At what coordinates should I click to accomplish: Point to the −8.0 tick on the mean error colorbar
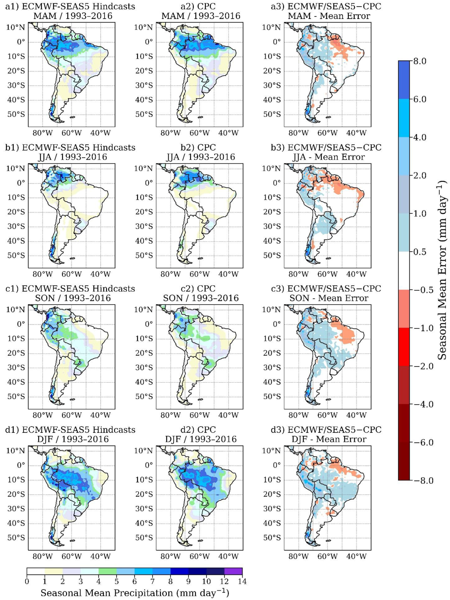(419, 480)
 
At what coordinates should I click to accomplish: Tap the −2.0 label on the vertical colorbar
(419, 366)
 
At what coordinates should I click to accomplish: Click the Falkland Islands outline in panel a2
(200, 117)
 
